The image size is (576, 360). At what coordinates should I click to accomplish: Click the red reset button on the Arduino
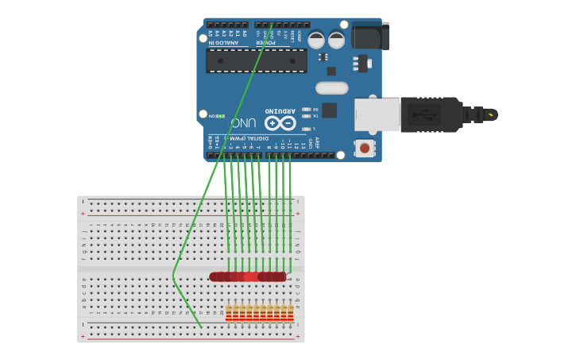pos(365,147)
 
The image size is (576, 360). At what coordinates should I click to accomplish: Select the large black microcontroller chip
pos(256,60)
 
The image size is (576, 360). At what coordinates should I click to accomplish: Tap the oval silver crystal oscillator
pos(331,88)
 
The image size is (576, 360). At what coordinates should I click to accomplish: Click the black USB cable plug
pos(432,114)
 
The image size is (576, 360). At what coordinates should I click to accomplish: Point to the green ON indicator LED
pos(222,116)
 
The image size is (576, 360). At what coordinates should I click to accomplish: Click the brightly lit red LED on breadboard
pos(251,277)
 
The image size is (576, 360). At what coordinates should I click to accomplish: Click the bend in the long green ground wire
pos(173,275)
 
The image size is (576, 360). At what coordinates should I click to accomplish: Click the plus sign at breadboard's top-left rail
pos(83,213)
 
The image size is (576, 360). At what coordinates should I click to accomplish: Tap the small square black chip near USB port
pos(329,110)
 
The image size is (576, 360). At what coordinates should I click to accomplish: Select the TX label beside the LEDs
pos(315,116)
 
